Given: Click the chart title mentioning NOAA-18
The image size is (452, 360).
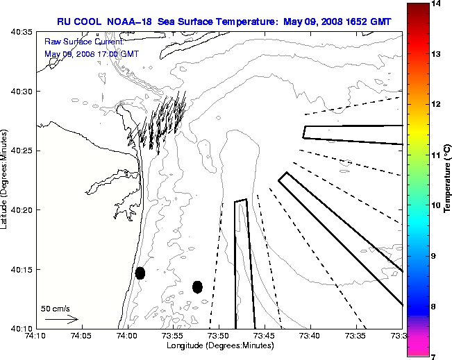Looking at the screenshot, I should (224, 22).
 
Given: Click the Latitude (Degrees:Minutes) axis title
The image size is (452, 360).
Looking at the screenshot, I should (6, 180).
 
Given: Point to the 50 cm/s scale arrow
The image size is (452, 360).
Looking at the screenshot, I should (61, 320).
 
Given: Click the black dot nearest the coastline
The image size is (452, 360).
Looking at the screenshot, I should (140, 273).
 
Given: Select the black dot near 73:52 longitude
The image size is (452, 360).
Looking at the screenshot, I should (197, 286).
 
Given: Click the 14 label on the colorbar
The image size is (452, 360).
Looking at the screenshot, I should (437, 3).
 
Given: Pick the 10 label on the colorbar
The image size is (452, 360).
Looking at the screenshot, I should (437, 205).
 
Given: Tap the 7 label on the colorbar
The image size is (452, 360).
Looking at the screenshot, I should (437, 357).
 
